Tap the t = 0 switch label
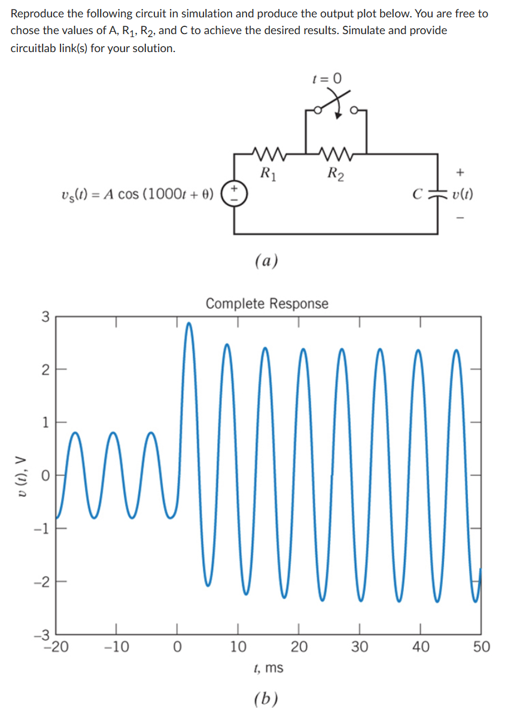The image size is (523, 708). click(x=329, y=78)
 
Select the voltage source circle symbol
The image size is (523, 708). click(x=234, y=195)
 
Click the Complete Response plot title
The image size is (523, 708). click(x=267, y=303)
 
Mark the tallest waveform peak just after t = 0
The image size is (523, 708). click(x=190, y=324)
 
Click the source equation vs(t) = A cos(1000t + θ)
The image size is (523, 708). click(x=138, y=195)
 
